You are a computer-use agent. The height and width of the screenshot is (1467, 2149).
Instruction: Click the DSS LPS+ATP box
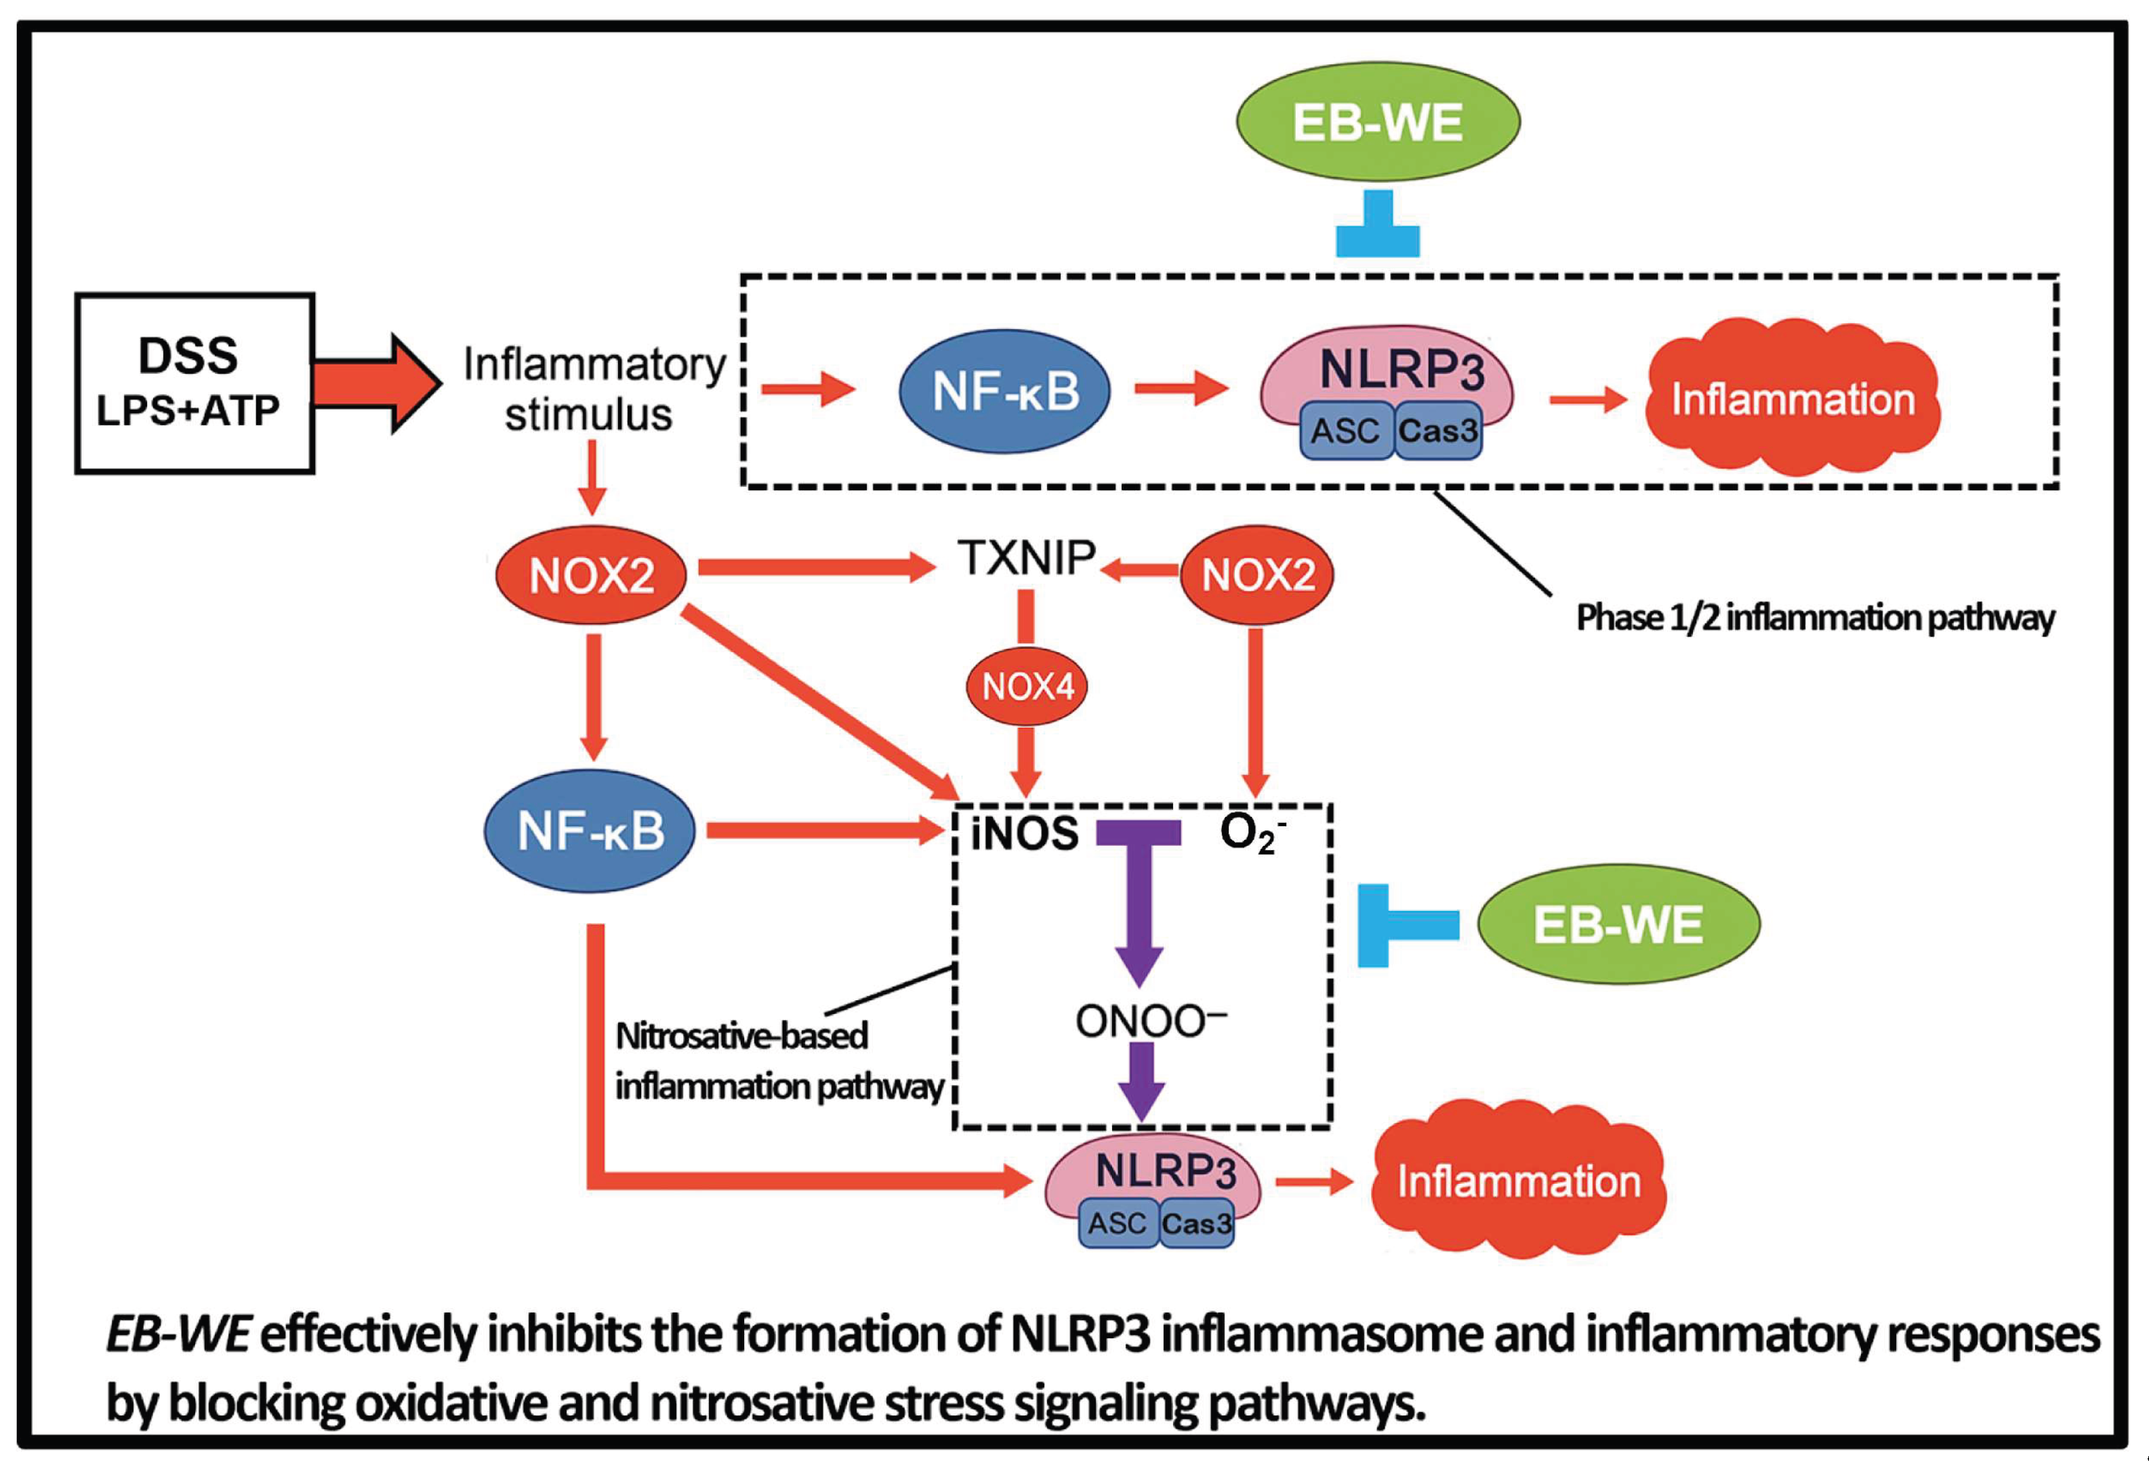(195, 383)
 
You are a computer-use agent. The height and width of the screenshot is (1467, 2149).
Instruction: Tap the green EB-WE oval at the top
(1378, 122)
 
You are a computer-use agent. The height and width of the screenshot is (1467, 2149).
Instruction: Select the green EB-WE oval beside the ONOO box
(1618, 924)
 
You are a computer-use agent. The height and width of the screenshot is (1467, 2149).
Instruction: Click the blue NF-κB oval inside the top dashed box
(1005, 391)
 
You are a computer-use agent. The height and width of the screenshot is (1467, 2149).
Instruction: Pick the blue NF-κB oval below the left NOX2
(590, 830)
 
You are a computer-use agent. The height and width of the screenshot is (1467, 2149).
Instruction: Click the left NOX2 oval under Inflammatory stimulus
(591, 575)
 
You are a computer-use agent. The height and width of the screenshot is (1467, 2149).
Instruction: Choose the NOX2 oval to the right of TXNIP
(1258, 575)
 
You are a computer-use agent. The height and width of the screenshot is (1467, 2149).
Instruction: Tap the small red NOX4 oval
(1027, 686)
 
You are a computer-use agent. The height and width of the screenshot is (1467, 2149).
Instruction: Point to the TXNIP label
(1027, 557)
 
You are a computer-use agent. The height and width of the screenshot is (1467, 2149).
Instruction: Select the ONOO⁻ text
(1149, 1021)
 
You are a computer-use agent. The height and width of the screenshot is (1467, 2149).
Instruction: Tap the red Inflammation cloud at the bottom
(1518, 1181)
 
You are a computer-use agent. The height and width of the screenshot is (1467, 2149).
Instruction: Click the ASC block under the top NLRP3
(1345, 431)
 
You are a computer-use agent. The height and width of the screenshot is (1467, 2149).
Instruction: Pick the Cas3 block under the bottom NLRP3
(1197, 1223)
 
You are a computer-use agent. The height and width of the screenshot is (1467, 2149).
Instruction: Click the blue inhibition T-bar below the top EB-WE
(1378, 226)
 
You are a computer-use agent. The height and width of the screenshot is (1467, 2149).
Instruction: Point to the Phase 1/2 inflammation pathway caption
(1814, 618)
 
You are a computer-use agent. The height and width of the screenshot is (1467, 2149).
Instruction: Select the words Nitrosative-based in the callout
(741, 1036)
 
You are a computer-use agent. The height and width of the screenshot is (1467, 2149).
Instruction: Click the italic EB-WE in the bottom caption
(178, 1334)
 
